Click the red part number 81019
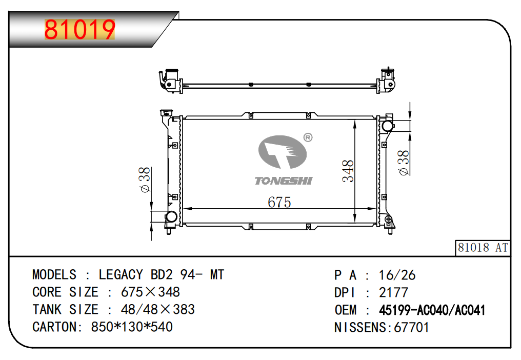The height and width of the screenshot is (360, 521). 79,30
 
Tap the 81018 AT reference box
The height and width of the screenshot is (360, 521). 483,248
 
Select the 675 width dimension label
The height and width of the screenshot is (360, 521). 279,202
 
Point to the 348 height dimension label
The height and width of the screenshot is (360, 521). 349,171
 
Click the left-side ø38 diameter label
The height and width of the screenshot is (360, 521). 145,180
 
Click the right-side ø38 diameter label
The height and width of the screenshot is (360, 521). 404,163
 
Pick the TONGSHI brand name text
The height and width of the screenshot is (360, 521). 283,181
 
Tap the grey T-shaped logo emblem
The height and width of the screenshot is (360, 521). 283,152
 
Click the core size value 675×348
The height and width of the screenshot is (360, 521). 150,292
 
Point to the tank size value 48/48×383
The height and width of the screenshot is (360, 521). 157,310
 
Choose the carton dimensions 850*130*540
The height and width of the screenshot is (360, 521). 132,327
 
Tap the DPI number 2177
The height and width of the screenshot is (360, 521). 393,293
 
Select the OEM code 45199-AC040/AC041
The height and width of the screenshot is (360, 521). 432,310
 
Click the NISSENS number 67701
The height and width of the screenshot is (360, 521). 411,327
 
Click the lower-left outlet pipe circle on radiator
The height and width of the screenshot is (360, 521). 170,217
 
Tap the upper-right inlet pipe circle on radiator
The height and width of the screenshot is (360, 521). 387,125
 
